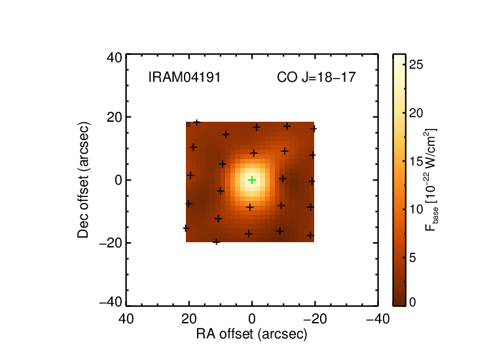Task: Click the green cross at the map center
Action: point(252,180)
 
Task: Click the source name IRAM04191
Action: point(185,77)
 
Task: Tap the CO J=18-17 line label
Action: point(316,77)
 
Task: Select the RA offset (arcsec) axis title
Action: point(252,334)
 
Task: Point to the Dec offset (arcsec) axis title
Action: point(83,180)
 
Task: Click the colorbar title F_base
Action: point(431,180)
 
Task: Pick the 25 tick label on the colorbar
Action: point(416,65)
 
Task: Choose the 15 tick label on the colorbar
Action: point(416,162)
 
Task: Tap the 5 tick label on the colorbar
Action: point(412,257)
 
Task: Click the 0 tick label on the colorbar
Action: point(412,302)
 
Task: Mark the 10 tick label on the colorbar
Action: point(416,209)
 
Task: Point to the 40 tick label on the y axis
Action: point(115,58)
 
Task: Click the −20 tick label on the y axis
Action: point(111,243)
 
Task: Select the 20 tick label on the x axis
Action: point(189,319)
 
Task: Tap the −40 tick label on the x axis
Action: point(378,319)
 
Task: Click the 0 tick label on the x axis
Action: point(252,319)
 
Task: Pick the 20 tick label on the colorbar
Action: point(416,113)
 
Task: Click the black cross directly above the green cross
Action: point(253,153)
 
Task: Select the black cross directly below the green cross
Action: point(250,207)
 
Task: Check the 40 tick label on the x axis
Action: point(126,319)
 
